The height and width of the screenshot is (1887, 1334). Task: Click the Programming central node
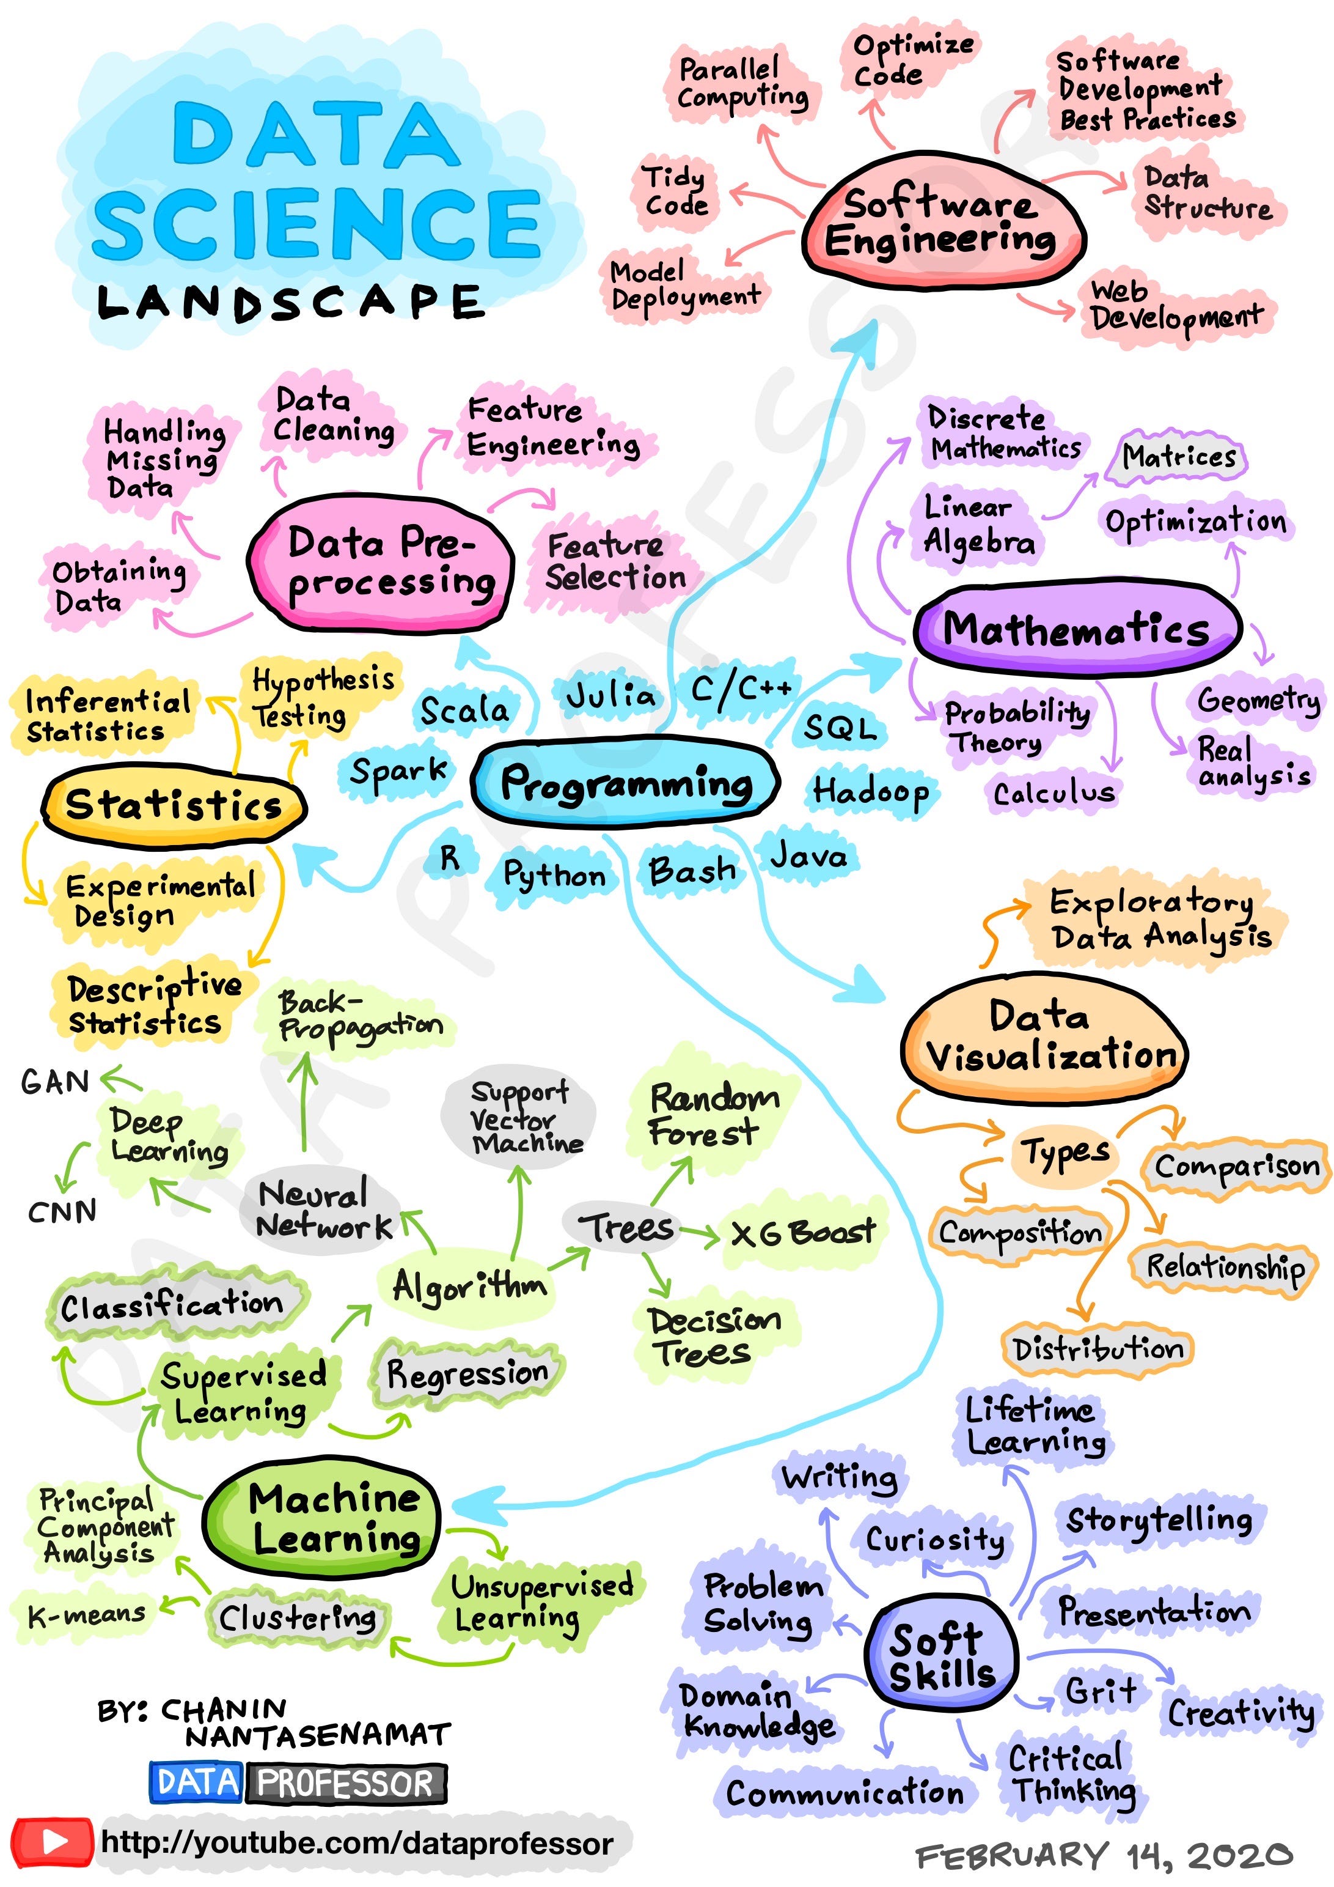point(626,783)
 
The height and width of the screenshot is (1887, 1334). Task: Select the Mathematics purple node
point(1076,629)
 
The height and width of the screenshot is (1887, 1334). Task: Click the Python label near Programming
point(554,874)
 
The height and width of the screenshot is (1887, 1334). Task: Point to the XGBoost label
point(802,1233)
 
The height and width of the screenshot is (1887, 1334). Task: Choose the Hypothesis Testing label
point(322,697)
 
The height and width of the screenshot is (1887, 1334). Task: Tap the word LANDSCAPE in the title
point(289,303)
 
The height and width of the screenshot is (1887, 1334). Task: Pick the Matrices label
point(1178,456)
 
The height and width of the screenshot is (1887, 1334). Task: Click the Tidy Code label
point(675,191)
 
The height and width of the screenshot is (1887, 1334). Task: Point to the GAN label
point(55,1082)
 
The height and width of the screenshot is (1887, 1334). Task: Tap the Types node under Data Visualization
point(1065,1152)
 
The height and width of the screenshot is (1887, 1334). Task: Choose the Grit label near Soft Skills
point(1101,1691)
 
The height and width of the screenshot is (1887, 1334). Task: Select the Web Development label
point(1175,306)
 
